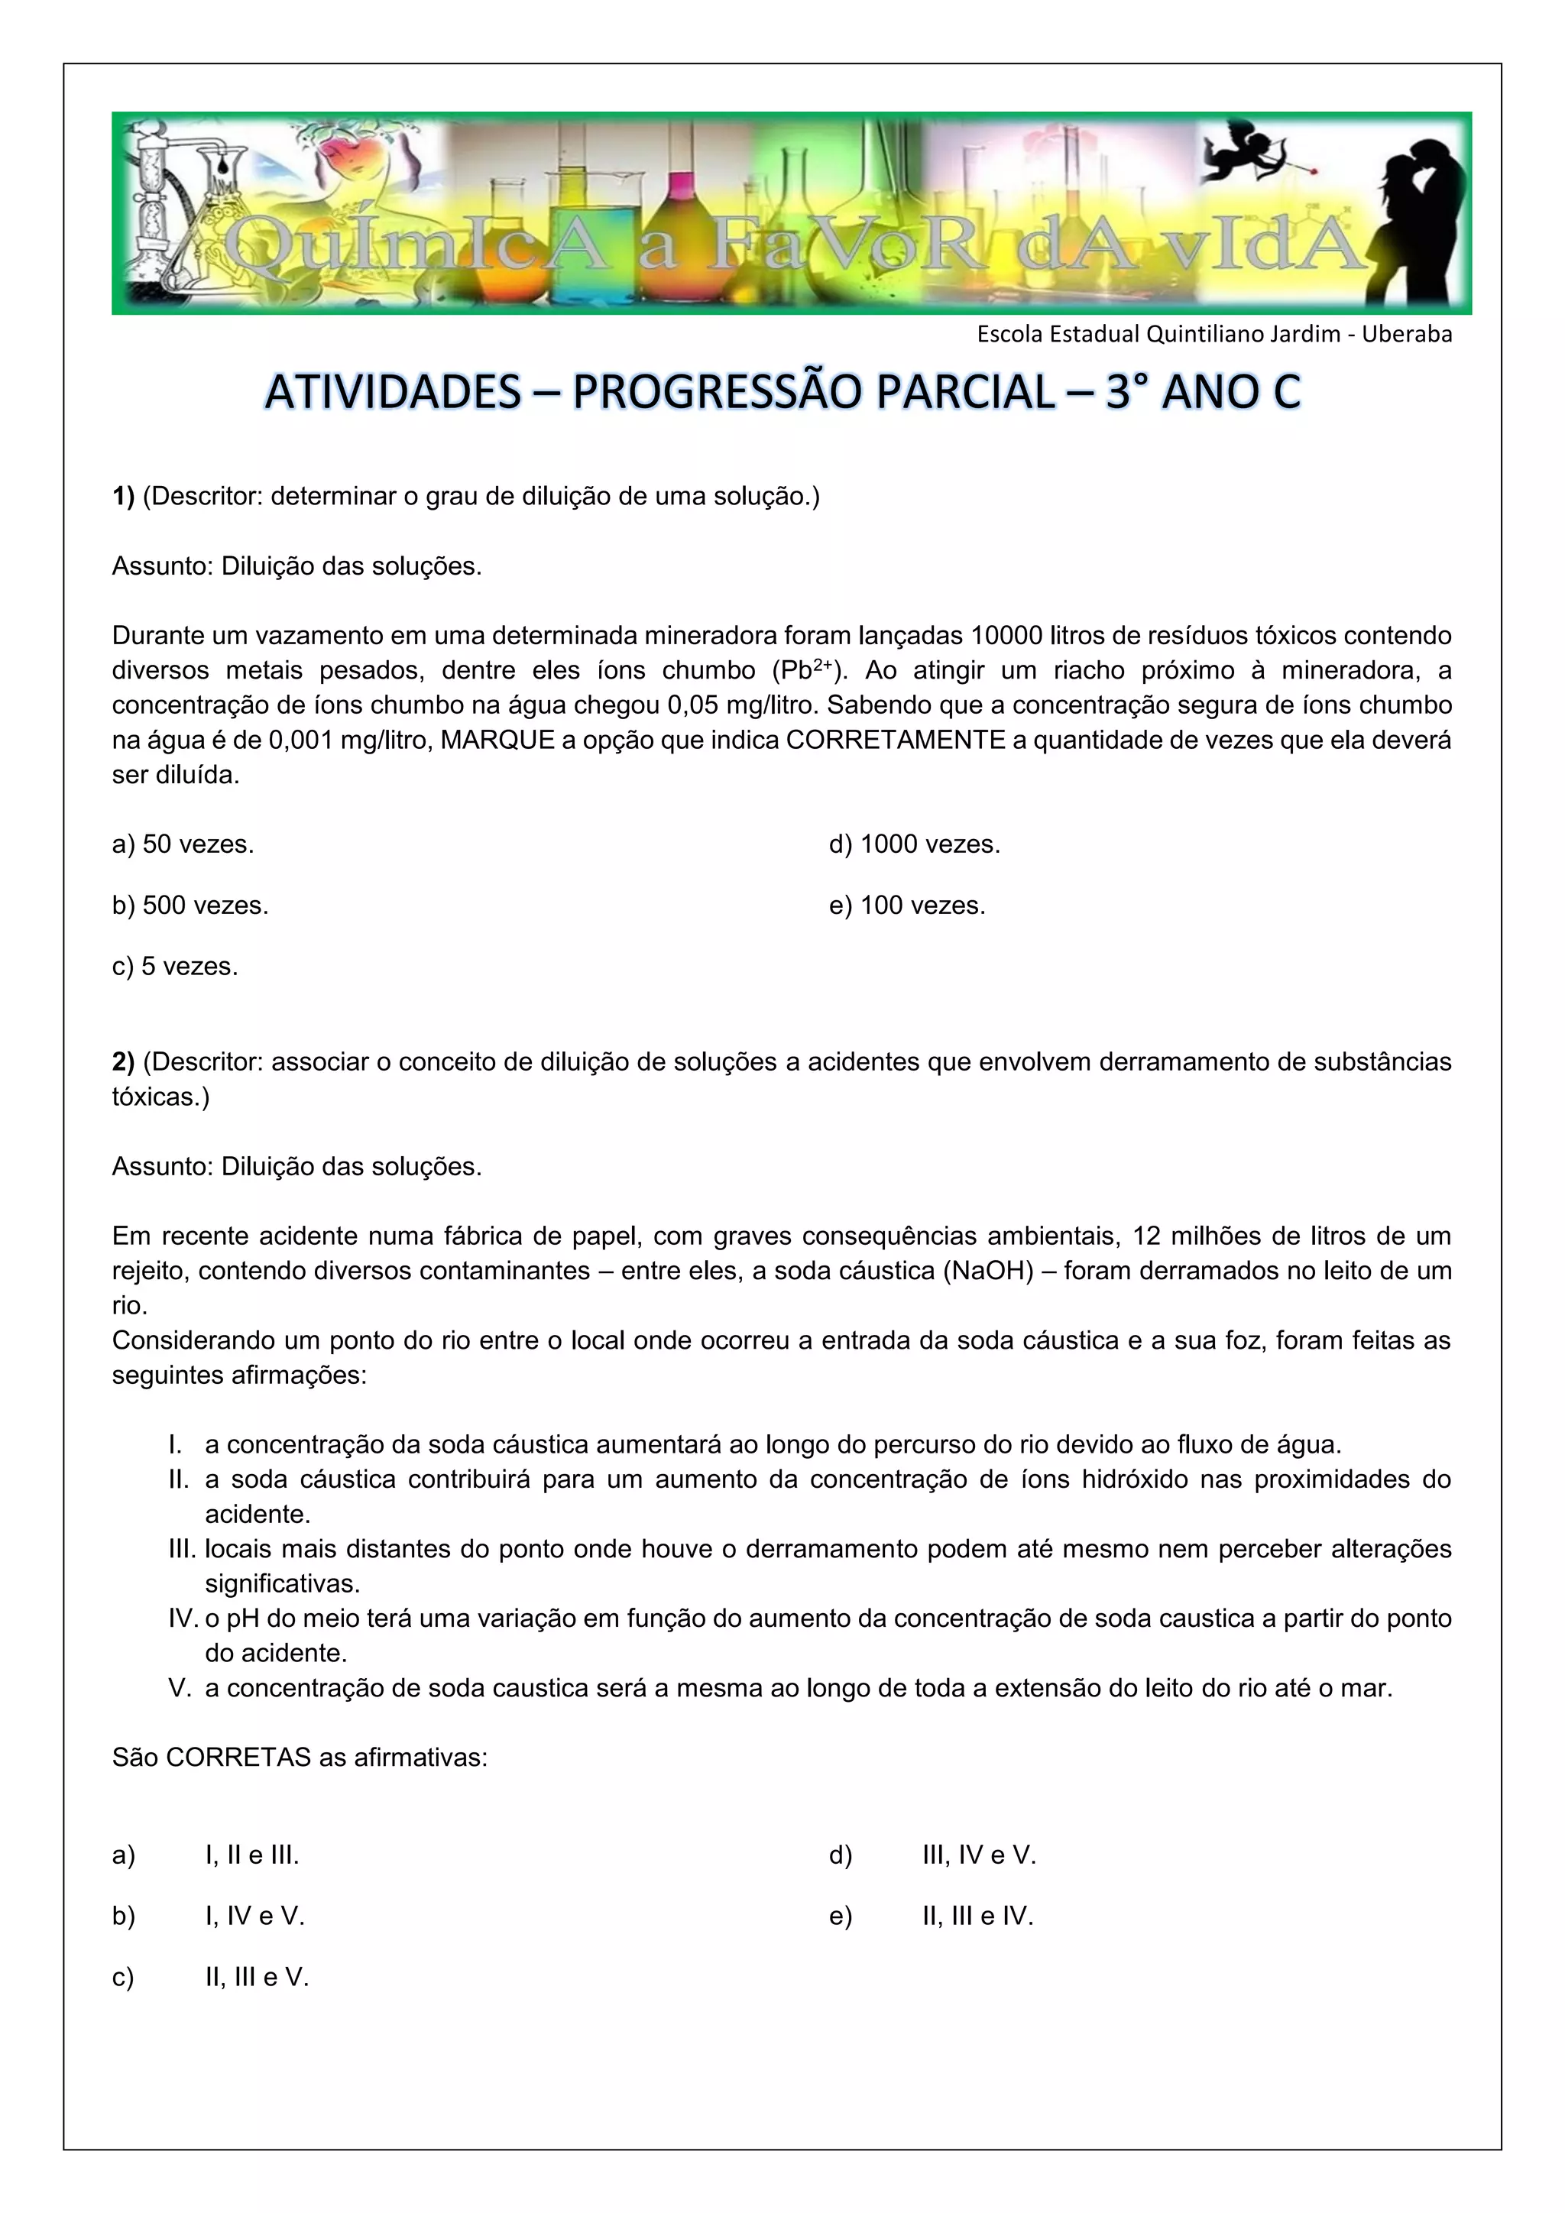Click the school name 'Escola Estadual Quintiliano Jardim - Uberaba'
click(1214, 335)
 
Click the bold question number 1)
click(123, 497)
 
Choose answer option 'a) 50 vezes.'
click(183, 844)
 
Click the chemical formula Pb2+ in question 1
click(808, 670)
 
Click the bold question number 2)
click(123, 1062)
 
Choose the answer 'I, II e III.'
click(251, 1855)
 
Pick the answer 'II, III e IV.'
click(977, 1917)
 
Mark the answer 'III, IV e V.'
click(978, 1855)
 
